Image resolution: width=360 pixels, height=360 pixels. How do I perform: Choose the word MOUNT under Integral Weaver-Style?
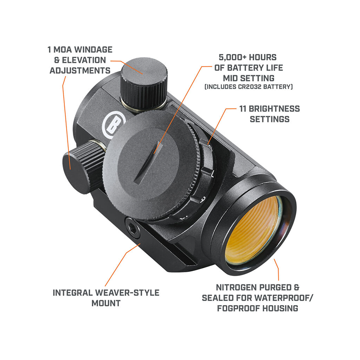click(x=106, y=303)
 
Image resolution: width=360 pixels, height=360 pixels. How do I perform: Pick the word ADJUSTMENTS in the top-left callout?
click(x=80, y=71)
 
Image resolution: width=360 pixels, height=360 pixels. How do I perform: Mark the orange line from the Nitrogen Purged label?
click(x=278, y=270)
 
